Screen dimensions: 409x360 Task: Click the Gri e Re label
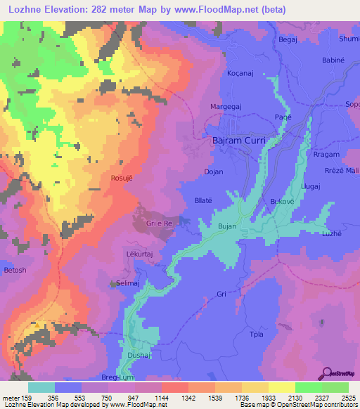coord(159,223)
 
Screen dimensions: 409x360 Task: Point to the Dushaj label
coord(138,356)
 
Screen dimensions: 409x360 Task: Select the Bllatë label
coord(203,200)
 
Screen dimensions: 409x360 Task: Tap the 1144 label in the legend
coord(161,397)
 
